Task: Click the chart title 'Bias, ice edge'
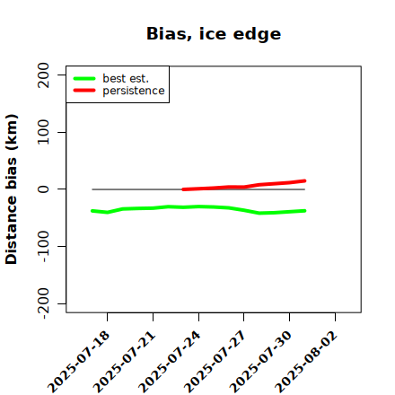pyautogui.click(x=214, y=34)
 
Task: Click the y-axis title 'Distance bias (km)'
pyautogui.click(x=12, y=189)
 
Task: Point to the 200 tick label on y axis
pyautogui.click(x=43, y=75)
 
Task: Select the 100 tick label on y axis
pyautogui.click(x=43, y=132)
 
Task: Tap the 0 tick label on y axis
pyautogui.click(x=43, y=189)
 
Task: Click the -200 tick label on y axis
pyautogui.click(x=43, y=303)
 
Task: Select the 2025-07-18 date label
pyautogui.click(x=79, y=362)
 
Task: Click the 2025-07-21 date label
pyautogui.click(x=125, y=362)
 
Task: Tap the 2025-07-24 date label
pyautogui.click(x=170, y=362)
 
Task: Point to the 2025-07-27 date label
pyautogui.click(x=215, y=362)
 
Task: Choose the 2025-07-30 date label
pyautogui.click(x=261, y=362)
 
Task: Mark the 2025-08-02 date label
pyautogui.click(x=307, y=362)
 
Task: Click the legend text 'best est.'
pyautogui.click(x=126, y=78)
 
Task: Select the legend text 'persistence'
pyautogui.click(x=134, y=91)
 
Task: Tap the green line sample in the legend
pyautogui.click(x=84, y=78)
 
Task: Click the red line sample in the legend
pyautogui.click(x=84, y=91)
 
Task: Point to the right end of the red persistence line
pyautogui.click(x=304, y=180)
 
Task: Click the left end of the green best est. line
pyautogui.click(x=92, y=211)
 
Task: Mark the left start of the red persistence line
pyautogui.click(x=183, y=189)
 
